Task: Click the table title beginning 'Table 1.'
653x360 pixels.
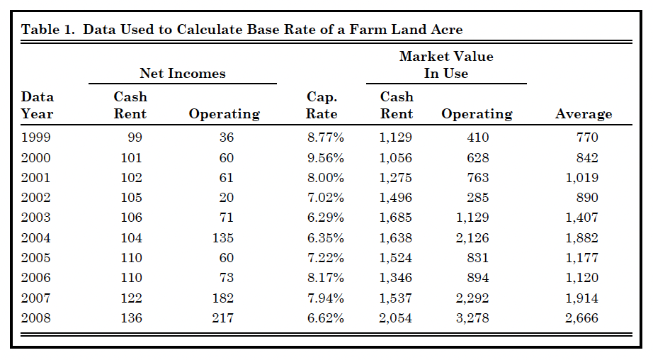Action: [242, 29]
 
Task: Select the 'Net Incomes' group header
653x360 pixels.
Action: [182, 73]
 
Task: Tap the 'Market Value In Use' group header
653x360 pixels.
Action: [445, 64]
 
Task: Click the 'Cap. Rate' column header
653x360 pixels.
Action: [322, 105]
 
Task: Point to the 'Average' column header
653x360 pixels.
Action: [583, 113]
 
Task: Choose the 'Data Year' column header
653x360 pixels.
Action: [38, 105]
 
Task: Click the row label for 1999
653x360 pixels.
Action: [36, 137]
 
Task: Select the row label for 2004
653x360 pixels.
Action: [36, 238]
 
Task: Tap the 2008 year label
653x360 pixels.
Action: [36, 318]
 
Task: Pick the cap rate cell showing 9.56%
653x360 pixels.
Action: [325, 157]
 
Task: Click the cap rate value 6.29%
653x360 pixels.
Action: [325, 218]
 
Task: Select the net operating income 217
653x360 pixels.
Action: [223, 318]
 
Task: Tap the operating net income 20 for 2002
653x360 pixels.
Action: [226, 198]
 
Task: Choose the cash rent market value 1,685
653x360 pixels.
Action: [395, 218]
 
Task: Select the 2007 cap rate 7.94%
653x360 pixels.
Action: [325, 298]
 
